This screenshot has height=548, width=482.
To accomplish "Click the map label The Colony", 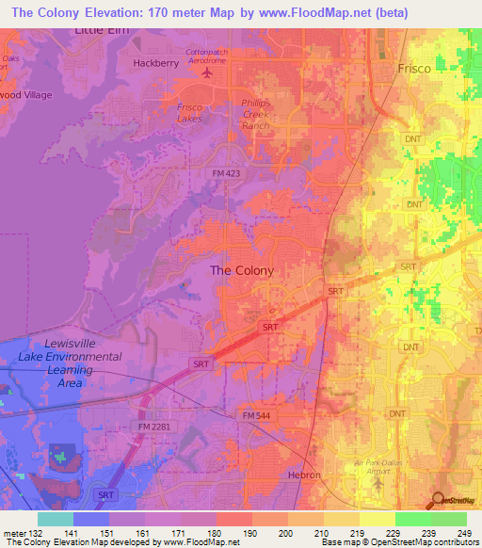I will pyautogui.click(x=241, y=270).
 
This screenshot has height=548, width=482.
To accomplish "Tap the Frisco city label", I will pyautogui.click(x=413, y=70).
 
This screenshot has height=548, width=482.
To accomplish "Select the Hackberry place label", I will pyautogui.click(x=156, y=63).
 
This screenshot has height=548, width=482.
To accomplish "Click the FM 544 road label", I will pyautogui.click(x=256, y=415).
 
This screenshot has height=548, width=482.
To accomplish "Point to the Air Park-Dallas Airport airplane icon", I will pyautogui.click(x=378, y=482).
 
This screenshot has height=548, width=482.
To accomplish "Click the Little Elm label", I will pyautogui.click(x=101, y=30).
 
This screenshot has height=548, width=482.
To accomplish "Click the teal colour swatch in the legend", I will pyautogui.click(x=55, y=519).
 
